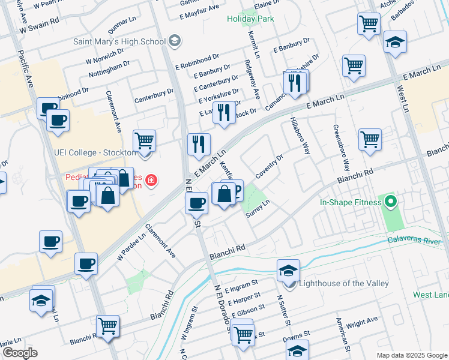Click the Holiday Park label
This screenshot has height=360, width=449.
250,19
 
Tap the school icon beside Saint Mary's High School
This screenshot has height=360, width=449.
175,41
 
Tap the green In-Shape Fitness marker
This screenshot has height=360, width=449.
391,202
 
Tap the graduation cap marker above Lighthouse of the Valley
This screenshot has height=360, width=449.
288,270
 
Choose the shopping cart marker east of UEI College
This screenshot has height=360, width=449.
144,141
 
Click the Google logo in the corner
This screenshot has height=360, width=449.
19,353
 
